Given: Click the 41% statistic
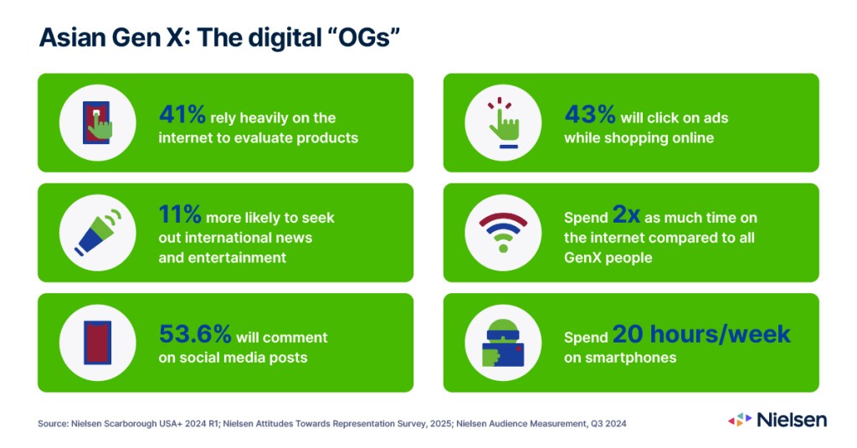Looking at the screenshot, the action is [182, 115].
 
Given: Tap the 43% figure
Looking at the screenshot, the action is [590, 115].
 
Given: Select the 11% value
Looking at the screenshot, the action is [180, 214].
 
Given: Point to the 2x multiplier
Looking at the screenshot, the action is [626, 214].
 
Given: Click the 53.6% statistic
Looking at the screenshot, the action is [195, 333].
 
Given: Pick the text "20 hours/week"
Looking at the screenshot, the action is [701, 333].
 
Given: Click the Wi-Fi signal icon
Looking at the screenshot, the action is [503, 233].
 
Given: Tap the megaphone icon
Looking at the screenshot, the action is [99, 233].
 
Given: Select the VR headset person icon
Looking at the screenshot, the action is [503, 343].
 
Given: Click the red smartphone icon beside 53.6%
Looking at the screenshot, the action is [98, 342].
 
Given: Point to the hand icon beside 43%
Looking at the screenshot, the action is [503, 123].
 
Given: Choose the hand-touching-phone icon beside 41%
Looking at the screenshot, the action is [97, 122].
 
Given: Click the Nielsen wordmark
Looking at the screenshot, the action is [791, 420].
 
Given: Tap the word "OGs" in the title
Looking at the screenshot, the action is [365, 38].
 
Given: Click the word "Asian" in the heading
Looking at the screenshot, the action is [72, 38].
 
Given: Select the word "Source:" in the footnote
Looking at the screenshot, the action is [53, 424].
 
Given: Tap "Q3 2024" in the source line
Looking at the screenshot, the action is [608, 424].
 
